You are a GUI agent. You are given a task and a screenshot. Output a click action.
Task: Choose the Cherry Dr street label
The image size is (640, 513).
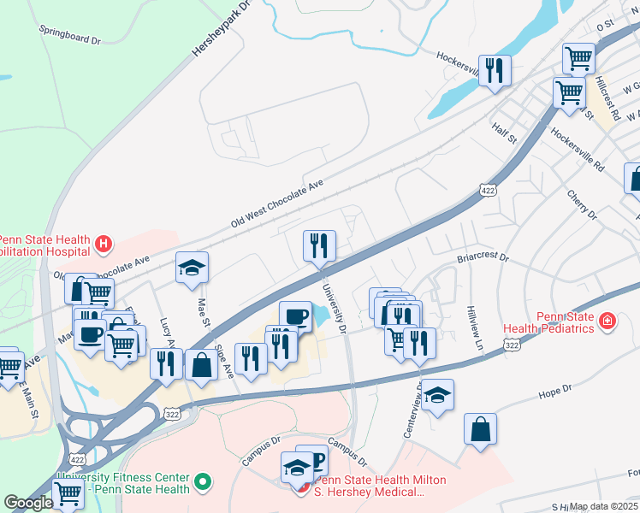click(x=581, y=205)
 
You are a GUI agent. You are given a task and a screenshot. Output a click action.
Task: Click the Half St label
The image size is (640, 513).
click(x=505, y=132)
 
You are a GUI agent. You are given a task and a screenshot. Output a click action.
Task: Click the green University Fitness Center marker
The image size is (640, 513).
click(x=203, y=483)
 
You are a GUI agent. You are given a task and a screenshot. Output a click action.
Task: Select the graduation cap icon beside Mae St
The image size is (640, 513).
click(x=192, y=268)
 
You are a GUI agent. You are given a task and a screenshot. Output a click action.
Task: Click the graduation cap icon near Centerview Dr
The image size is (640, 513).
click(x=437, y=395)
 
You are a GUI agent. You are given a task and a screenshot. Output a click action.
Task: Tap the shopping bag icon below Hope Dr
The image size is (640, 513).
click(x=480, y=429)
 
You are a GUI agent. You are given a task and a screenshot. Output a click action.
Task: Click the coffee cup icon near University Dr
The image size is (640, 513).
click(x=296, y=315)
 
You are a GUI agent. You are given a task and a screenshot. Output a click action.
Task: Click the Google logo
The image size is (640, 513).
click(x=28, y=502)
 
